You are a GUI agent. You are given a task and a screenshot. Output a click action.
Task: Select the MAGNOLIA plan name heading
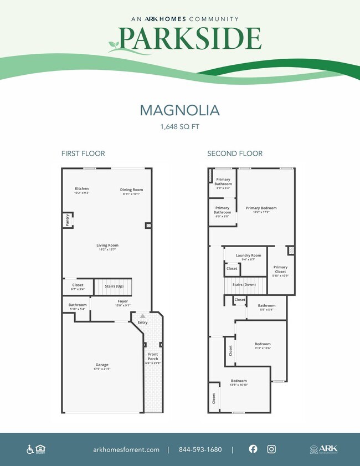179,110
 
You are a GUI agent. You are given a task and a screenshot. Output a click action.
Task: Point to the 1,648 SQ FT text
179,127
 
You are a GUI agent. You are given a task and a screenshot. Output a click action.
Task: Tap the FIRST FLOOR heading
83,153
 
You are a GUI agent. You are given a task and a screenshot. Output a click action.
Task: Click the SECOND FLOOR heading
235,153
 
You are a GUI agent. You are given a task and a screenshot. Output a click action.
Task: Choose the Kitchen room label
81,189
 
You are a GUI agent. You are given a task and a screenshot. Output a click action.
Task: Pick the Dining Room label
131,190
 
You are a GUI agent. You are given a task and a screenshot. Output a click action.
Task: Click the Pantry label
68,220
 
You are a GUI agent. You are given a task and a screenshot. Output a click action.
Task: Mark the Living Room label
107,245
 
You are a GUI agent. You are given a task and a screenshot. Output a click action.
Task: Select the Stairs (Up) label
114,286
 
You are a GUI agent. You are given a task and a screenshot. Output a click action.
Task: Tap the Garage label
101,365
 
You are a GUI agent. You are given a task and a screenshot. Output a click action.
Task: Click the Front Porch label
153,356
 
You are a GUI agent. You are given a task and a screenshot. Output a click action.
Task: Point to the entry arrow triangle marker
142,315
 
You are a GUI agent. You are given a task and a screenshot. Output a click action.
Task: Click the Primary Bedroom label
261,208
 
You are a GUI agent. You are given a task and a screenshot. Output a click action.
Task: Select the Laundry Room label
248,256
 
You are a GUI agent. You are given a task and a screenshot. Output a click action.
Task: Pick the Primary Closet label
280,268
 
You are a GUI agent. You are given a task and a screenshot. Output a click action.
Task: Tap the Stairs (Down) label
244,284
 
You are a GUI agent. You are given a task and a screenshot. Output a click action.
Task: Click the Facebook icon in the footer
253,449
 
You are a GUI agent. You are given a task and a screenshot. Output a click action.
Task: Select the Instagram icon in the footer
271,449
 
